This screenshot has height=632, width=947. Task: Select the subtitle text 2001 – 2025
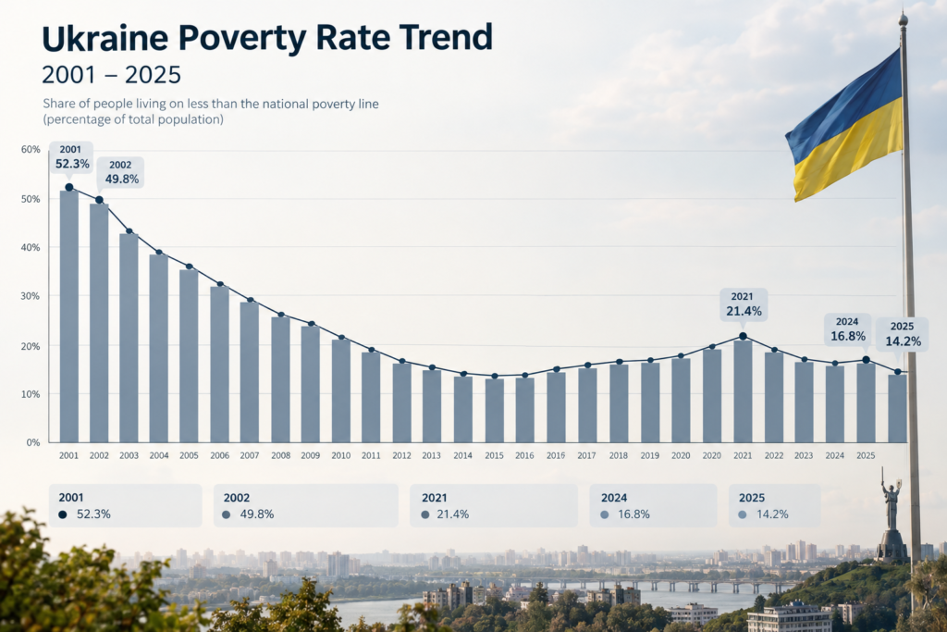112,75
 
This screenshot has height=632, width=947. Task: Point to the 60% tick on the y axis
31,149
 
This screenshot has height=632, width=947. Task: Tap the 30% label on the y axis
31,296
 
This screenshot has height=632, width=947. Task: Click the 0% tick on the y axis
33,442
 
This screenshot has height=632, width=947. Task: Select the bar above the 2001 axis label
68,316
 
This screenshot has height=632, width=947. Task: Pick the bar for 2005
189,356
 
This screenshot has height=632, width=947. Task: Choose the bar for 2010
341,390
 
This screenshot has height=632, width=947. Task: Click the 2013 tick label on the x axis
431,455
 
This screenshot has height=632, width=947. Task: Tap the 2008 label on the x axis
281,455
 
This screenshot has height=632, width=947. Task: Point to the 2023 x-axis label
804,455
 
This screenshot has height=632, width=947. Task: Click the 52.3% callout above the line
71,157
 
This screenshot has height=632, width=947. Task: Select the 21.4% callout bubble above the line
744,304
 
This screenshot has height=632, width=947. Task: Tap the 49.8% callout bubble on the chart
121,173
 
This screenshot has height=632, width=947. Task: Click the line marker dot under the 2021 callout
743,337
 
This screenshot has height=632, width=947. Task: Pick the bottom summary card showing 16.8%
653,506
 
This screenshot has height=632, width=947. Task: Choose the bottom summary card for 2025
774,506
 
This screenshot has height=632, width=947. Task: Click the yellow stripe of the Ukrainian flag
849,151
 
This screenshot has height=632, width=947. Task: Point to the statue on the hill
892,514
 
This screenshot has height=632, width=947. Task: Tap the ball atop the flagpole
903,20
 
